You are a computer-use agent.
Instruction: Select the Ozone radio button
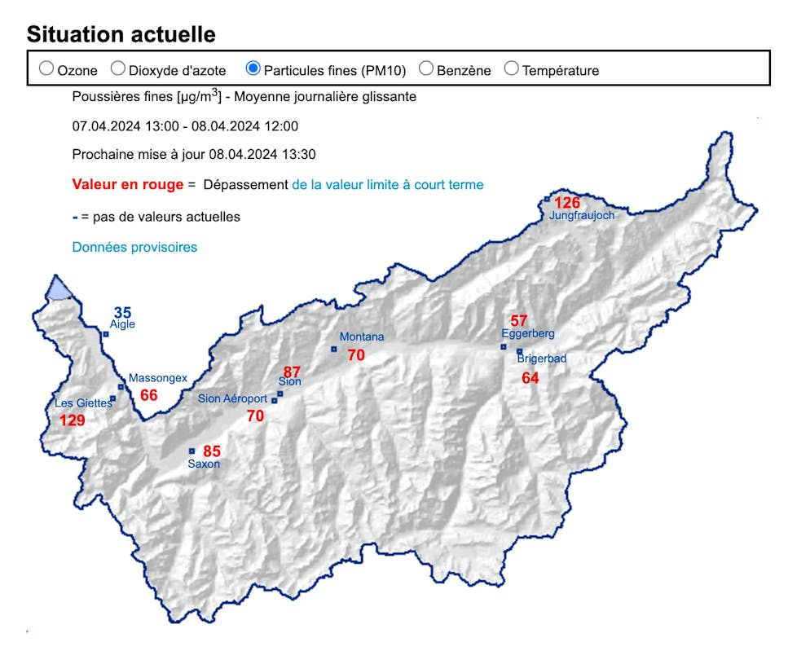click(x=46, y=69)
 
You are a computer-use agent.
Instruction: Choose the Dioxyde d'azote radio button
click(x=118, y=69)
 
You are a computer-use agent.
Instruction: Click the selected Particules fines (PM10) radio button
click(x=253, y=69)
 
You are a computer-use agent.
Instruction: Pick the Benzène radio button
click(x=426, y=69)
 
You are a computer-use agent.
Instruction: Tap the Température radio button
click(x=512, y=69)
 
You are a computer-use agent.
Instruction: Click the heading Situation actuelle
click(x=121, y=34)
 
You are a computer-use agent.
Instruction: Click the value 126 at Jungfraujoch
click(x=567, y=203)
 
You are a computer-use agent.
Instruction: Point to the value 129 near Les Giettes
click(x=73, y=420)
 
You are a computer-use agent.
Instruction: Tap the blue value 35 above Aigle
click(x=122, y=313)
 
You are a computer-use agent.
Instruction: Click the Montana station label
click(x=361, y=337)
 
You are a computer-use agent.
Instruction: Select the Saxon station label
click(x=204, y=464)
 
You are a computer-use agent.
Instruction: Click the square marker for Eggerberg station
click(x=504, y=347)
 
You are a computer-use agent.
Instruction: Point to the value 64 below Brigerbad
click(x=530, y=378)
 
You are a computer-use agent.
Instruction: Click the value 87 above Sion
click(x=293, y=372)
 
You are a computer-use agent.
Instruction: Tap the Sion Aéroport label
click(x=232, y=399)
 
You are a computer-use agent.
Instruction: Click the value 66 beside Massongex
click(x=149, y=395)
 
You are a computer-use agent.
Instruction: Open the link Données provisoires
click(x=134, y=247)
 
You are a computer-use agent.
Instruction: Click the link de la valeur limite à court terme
click(x=387, y=185)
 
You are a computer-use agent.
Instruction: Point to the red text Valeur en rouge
click(x=128, y=185)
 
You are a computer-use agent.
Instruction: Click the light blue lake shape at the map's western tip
click(x=59, y=288)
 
